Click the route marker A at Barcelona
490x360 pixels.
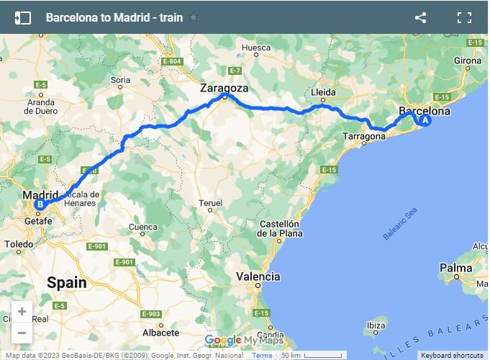[425, 121]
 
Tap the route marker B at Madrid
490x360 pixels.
[40, 204]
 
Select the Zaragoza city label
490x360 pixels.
[224, 88]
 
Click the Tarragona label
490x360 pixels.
[365, 136]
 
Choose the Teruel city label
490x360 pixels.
[210, 204]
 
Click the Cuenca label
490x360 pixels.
[142, 228]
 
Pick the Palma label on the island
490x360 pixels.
[455, 269]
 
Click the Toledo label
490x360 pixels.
[19, 245]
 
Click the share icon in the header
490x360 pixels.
[421, 18]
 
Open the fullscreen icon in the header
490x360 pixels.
[464, 18]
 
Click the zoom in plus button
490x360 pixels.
[22, 312]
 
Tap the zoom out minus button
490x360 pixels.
[22, 333]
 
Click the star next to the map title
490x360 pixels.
[194, 18]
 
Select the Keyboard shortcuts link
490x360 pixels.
[452, 356]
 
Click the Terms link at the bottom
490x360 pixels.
[262, 356]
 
